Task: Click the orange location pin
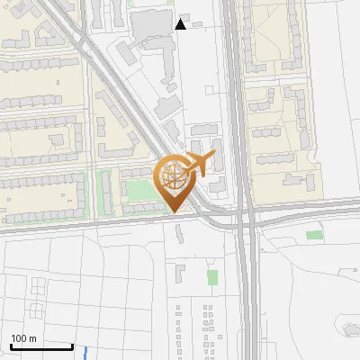176,181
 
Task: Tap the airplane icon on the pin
198,165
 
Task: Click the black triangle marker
181,24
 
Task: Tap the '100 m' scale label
23,338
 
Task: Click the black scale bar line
40,346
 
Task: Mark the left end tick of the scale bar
10,345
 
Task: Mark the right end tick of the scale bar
72,345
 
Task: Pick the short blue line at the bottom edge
85,353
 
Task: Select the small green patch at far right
313,235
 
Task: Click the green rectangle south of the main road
212,276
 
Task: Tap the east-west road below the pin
90,224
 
